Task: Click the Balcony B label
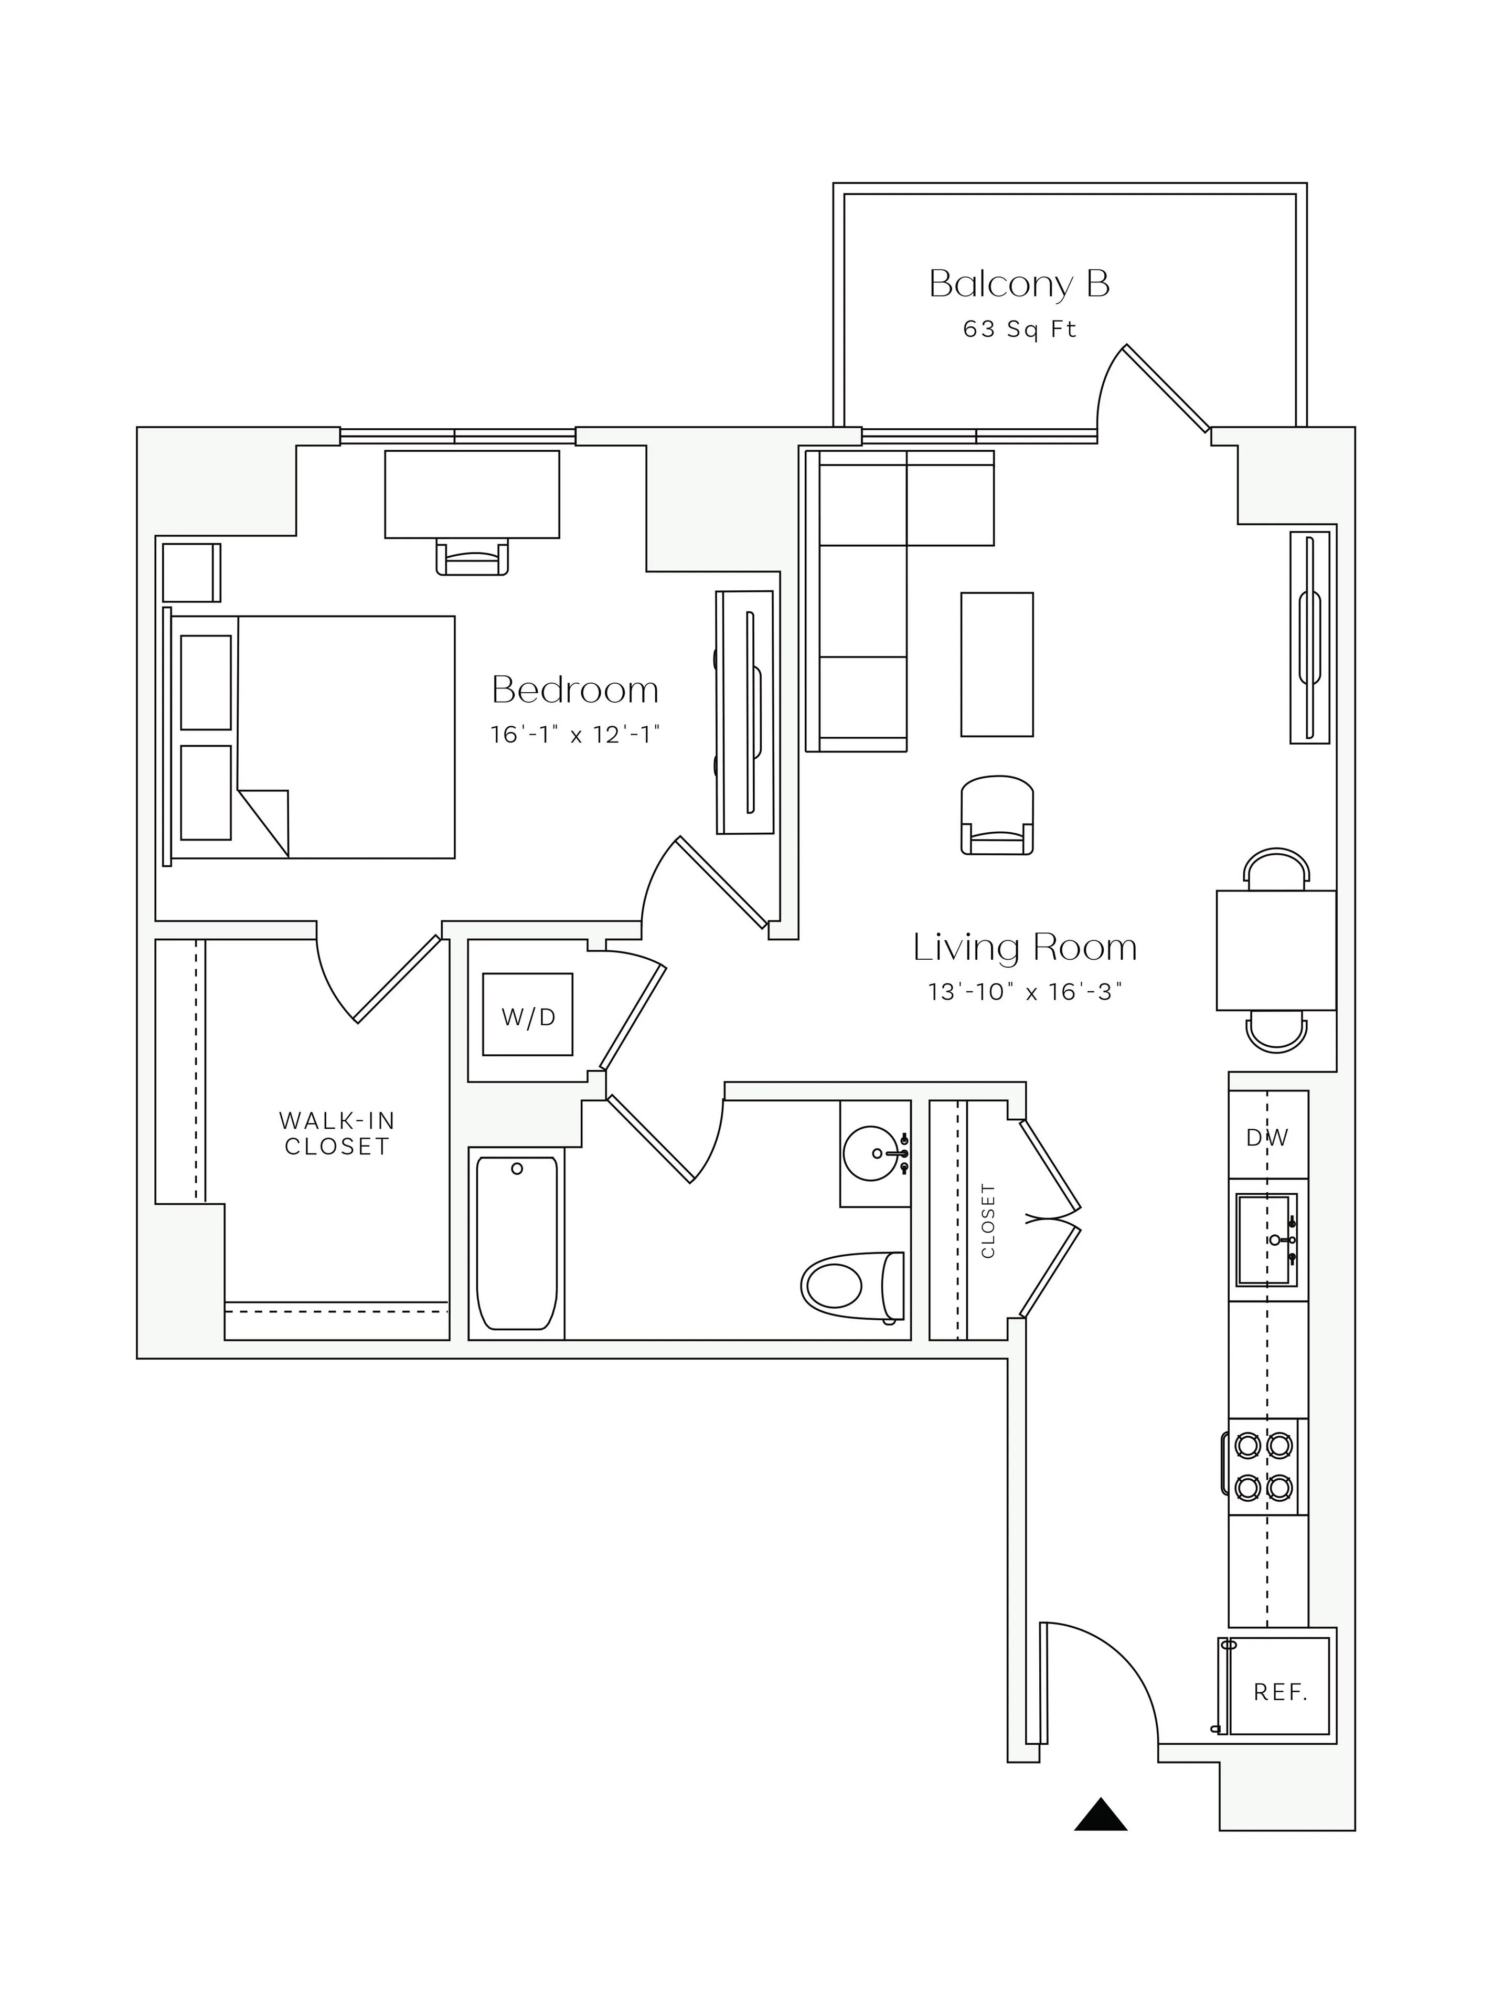pyautogui.click(x=1019, y=284)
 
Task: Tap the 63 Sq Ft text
pyautogui.click(x=1019, y=329)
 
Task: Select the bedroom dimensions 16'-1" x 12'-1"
pyautogui.click(x=575, y=734)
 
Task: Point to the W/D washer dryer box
pyautogui.click(x=528, y=1014)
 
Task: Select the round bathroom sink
pyautogui.click(x=873, y=1153)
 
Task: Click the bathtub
pyautogui.click(x=516, y=1243)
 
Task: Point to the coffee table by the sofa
pyautogui.click(x=997, y=664)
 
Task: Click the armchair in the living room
pyautogui.click(x=997, y=815)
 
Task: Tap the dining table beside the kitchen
pyautogui.click(x=1275, y=950)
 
